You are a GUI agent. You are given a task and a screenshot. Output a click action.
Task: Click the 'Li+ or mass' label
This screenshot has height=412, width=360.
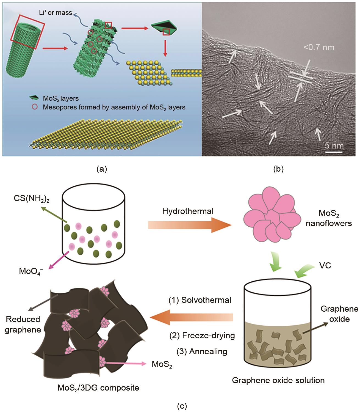point(56,13)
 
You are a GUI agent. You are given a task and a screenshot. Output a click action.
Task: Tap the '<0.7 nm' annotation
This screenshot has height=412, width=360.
point(319,47)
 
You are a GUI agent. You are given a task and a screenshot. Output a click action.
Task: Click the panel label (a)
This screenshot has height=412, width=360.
point(102,169)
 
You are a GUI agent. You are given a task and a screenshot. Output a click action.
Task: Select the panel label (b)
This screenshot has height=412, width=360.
point(278,169)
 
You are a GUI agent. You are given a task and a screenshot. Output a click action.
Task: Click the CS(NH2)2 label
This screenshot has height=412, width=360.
point(32,199)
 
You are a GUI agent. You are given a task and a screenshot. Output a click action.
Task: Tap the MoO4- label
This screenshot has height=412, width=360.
point(31,271)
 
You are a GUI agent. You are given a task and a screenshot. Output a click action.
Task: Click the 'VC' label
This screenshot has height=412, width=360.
point(325,265)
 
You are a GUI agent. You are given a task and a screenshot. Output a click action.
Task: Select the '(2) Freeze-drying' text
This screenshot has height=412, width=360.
point(202,336)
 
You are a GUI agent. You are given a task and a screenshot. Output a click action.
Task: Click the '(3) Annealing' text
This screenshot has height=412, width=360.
point(202,351)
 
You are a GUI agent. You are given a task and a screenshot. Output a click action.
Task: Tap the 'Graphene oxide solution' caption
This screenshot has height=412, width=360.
point(278,380)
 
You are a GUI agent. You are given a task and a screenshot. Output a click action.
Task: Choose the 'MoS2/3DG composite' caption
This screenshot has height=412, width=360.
point(98,388)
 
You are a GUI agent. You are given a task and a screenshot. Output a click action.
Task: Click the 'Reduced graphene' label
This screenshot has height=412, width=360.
point(23,324)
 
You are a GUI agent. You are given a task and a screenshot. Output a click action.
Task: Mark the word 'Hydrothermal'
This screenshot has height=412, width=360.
point(188,211)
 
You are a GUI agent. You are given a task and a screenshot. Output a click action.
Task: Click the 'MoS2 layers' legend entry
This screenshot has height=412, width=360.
point(60,98)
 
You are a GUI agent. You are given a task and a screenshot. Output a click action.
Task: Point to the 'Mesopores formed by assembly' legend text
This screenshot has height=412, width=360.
point(114,107)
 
